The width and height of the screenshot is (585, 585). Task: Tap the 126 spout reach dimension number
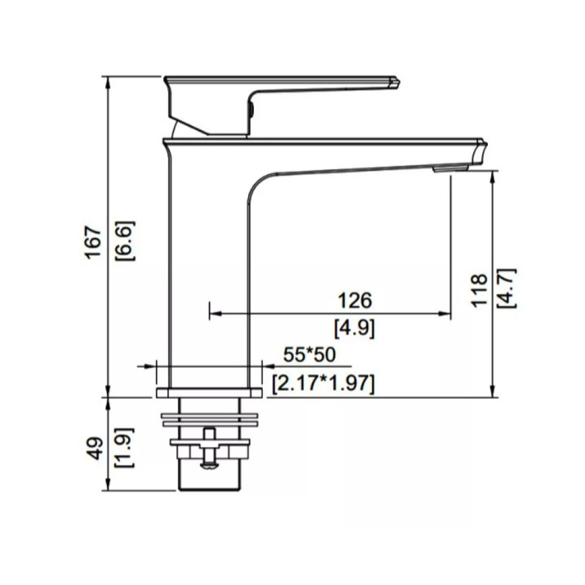(x=355, y=300)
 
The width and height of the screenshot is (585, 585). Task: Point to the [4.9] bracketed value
(x=355, y=329)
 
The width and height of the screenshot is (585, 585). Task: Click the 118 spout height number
(x=480, y=291)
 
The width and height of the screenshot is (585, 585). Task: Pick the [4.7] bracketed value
(x=507, y=288)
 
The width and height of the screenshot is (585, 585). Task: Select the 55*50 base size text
(x=309, y=355)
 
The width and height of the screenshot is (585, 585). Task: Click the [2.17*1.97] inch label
(x=323, y=383)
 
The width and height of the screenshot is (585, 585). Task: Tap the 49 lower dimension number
(x=97, y=448)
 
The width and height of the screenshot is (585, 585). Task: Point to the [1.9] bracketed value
(x=125, y=448)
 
